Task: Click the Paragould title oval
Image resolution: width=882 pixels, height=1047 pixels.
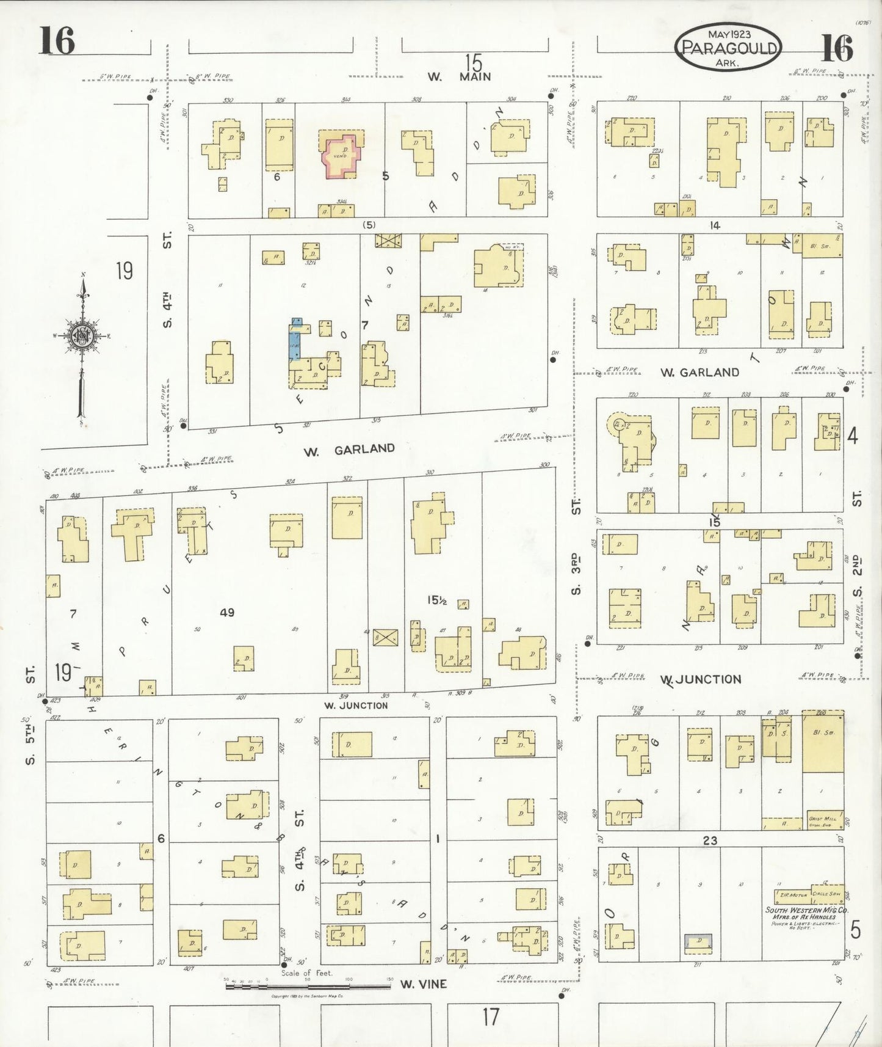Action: click(x=728, y=47)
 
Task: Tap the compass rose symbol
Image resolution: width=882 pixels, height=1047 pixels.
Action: click(x=82, y=336)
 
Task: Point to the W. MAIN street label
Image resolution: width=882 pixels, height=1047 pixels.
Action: click(x=460, y=77)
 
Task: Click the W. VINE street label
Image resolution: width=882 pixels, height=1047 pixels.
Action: click(x=424, y=984)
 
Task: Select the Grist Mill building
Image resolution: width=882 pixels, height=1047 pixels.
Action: click(x=823, y=819)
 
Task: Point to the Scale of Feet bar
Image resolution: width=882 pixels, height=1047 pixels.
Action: click(x=308, y=986)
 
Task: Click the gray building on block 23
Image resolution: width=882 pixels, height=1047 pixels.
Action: click(x=698, y=942)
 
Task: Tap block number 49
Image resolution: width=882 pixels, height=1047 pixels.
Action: click(x=226, y=612)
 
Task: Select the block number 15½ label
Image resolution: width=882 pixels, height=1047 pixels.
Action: click(x=437, y=600)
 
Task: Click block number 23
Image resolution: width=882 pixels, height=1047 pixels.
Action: click(x=710, y=841)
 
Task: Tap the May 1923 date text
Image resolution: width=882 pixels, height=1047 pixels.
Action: click(x=729, y=34)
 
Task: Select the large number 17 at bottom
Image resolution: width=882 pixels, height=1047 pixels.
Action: click(x=491, y=1017)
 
